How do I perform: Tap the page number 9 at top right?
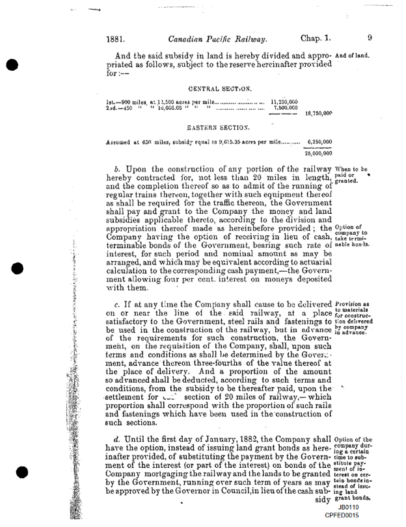pos(369,38)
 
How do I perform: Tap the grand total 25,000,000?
pos(318,153)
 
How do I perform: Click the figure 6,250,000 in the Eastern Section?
pos(319,142)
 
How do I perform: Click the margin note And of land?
pos(352,55)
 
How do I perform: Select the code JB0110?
pos(349,507)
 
